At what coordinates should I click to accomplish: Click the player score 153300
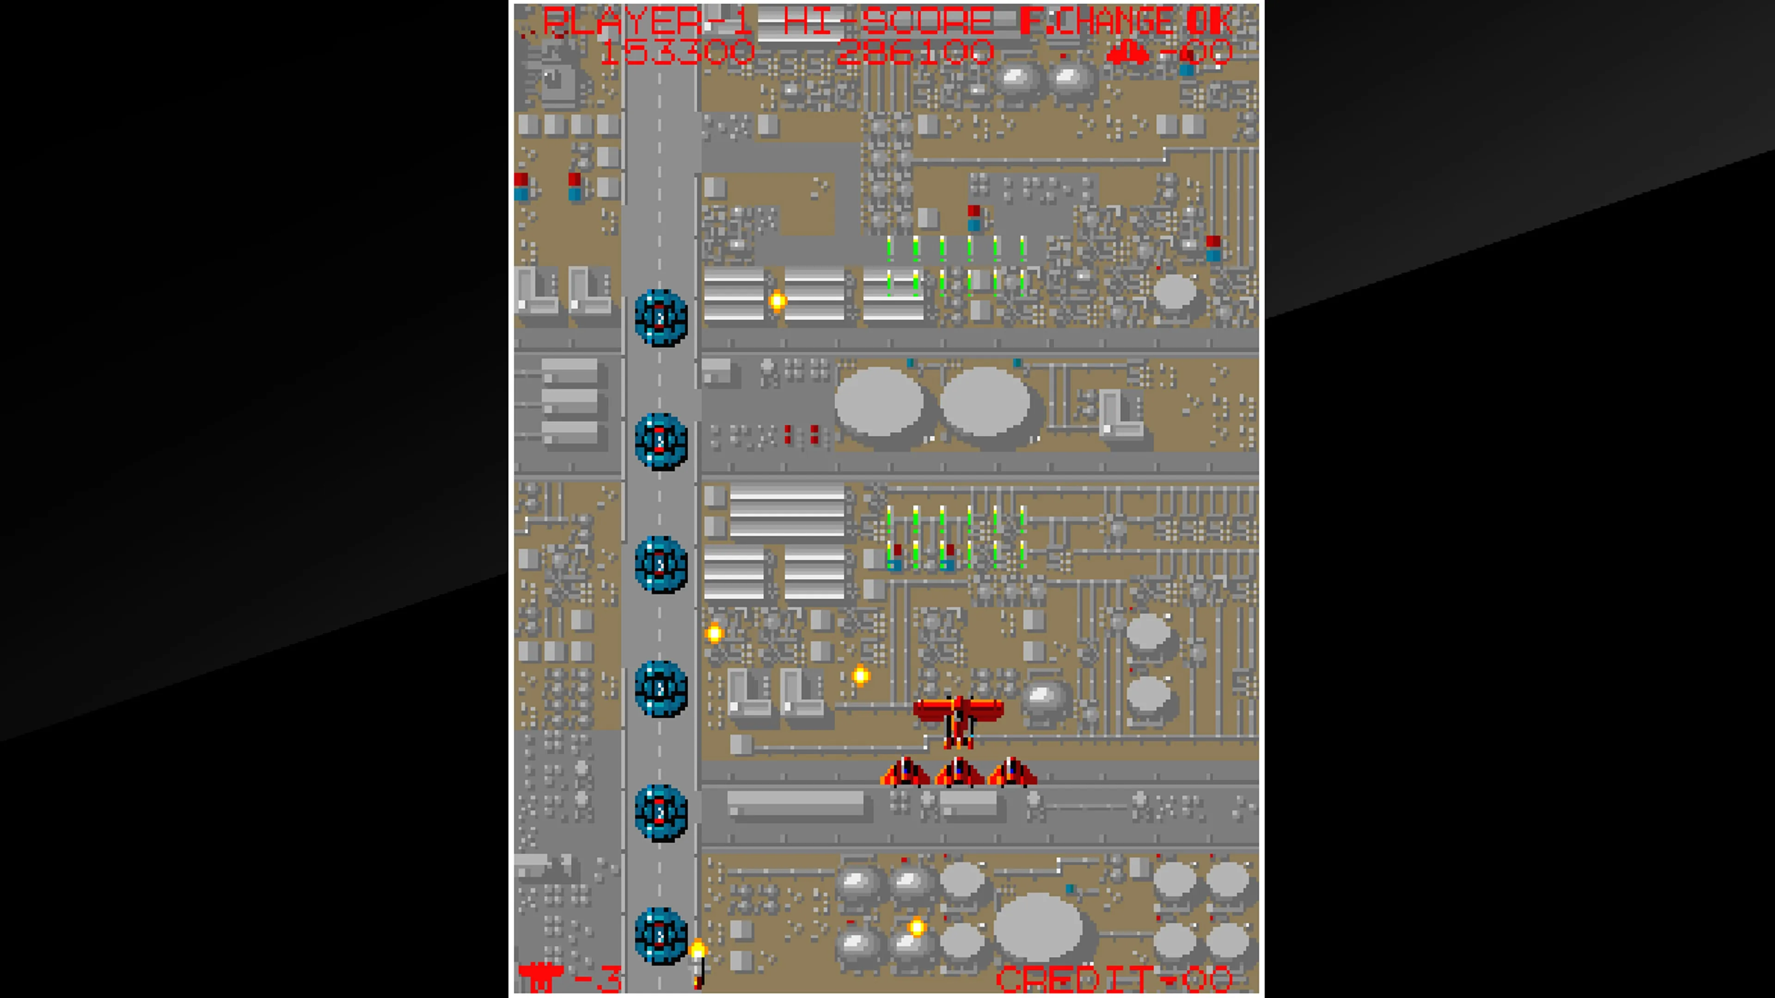coord(677,52)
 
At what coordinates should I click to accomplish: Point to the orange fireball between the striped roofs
coord(777,301)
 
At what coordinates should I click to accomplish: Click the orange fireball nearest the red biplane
coord(861,675)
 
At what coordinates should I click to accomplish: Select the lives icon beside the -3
coord(540,977)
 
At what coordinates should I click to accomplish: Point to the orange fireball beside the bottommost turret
coord(698,950)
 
